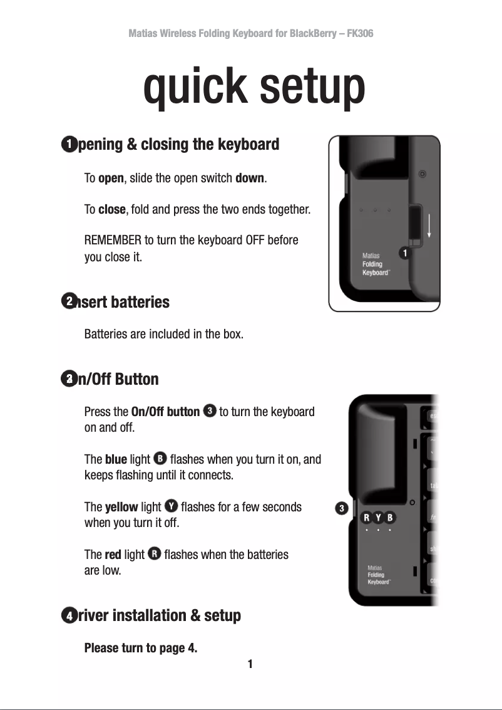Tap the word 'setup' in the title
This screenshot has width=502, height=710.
click(x=312, y=88)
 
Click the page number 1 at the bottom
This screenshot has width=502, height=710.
click(x=250, y=664)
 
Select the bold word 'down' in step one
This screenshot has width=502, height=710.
click(x=249, y=179)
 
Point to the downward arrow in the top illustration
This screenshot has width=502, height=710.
click(x=429, y=224)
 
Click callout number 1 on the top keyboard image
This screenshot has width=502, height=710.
click(x=406, y=253)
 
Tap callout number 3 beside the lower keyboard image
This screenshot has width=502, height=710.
click(x=341, y=508)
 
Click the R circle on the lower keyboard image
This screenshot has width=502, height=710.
click(x=366, y=518)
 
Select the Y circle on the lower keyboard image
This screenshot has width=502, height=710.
click(x=378, y=518)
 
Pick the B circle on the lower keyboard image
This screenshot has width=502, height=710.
click(x=390, y=518)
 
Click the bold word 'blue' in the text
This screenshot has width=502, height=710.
click(x=116, y=459)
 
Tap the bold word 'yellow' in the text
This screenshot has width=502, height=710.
click(x=121, y=507)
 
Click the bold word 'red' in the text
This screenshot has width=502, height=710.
click(x=113, y=555)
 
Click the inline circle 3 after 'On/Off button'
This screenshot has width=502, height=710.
click(x=210, y=411)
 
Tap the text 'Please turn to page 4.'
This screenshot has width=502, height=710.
click(x=141, y=648)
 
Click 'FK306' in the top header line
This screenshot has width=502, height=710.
click(x=359, y=33)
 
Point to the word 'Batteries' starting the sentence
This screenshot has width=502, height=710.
click(x=105, y=334)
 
